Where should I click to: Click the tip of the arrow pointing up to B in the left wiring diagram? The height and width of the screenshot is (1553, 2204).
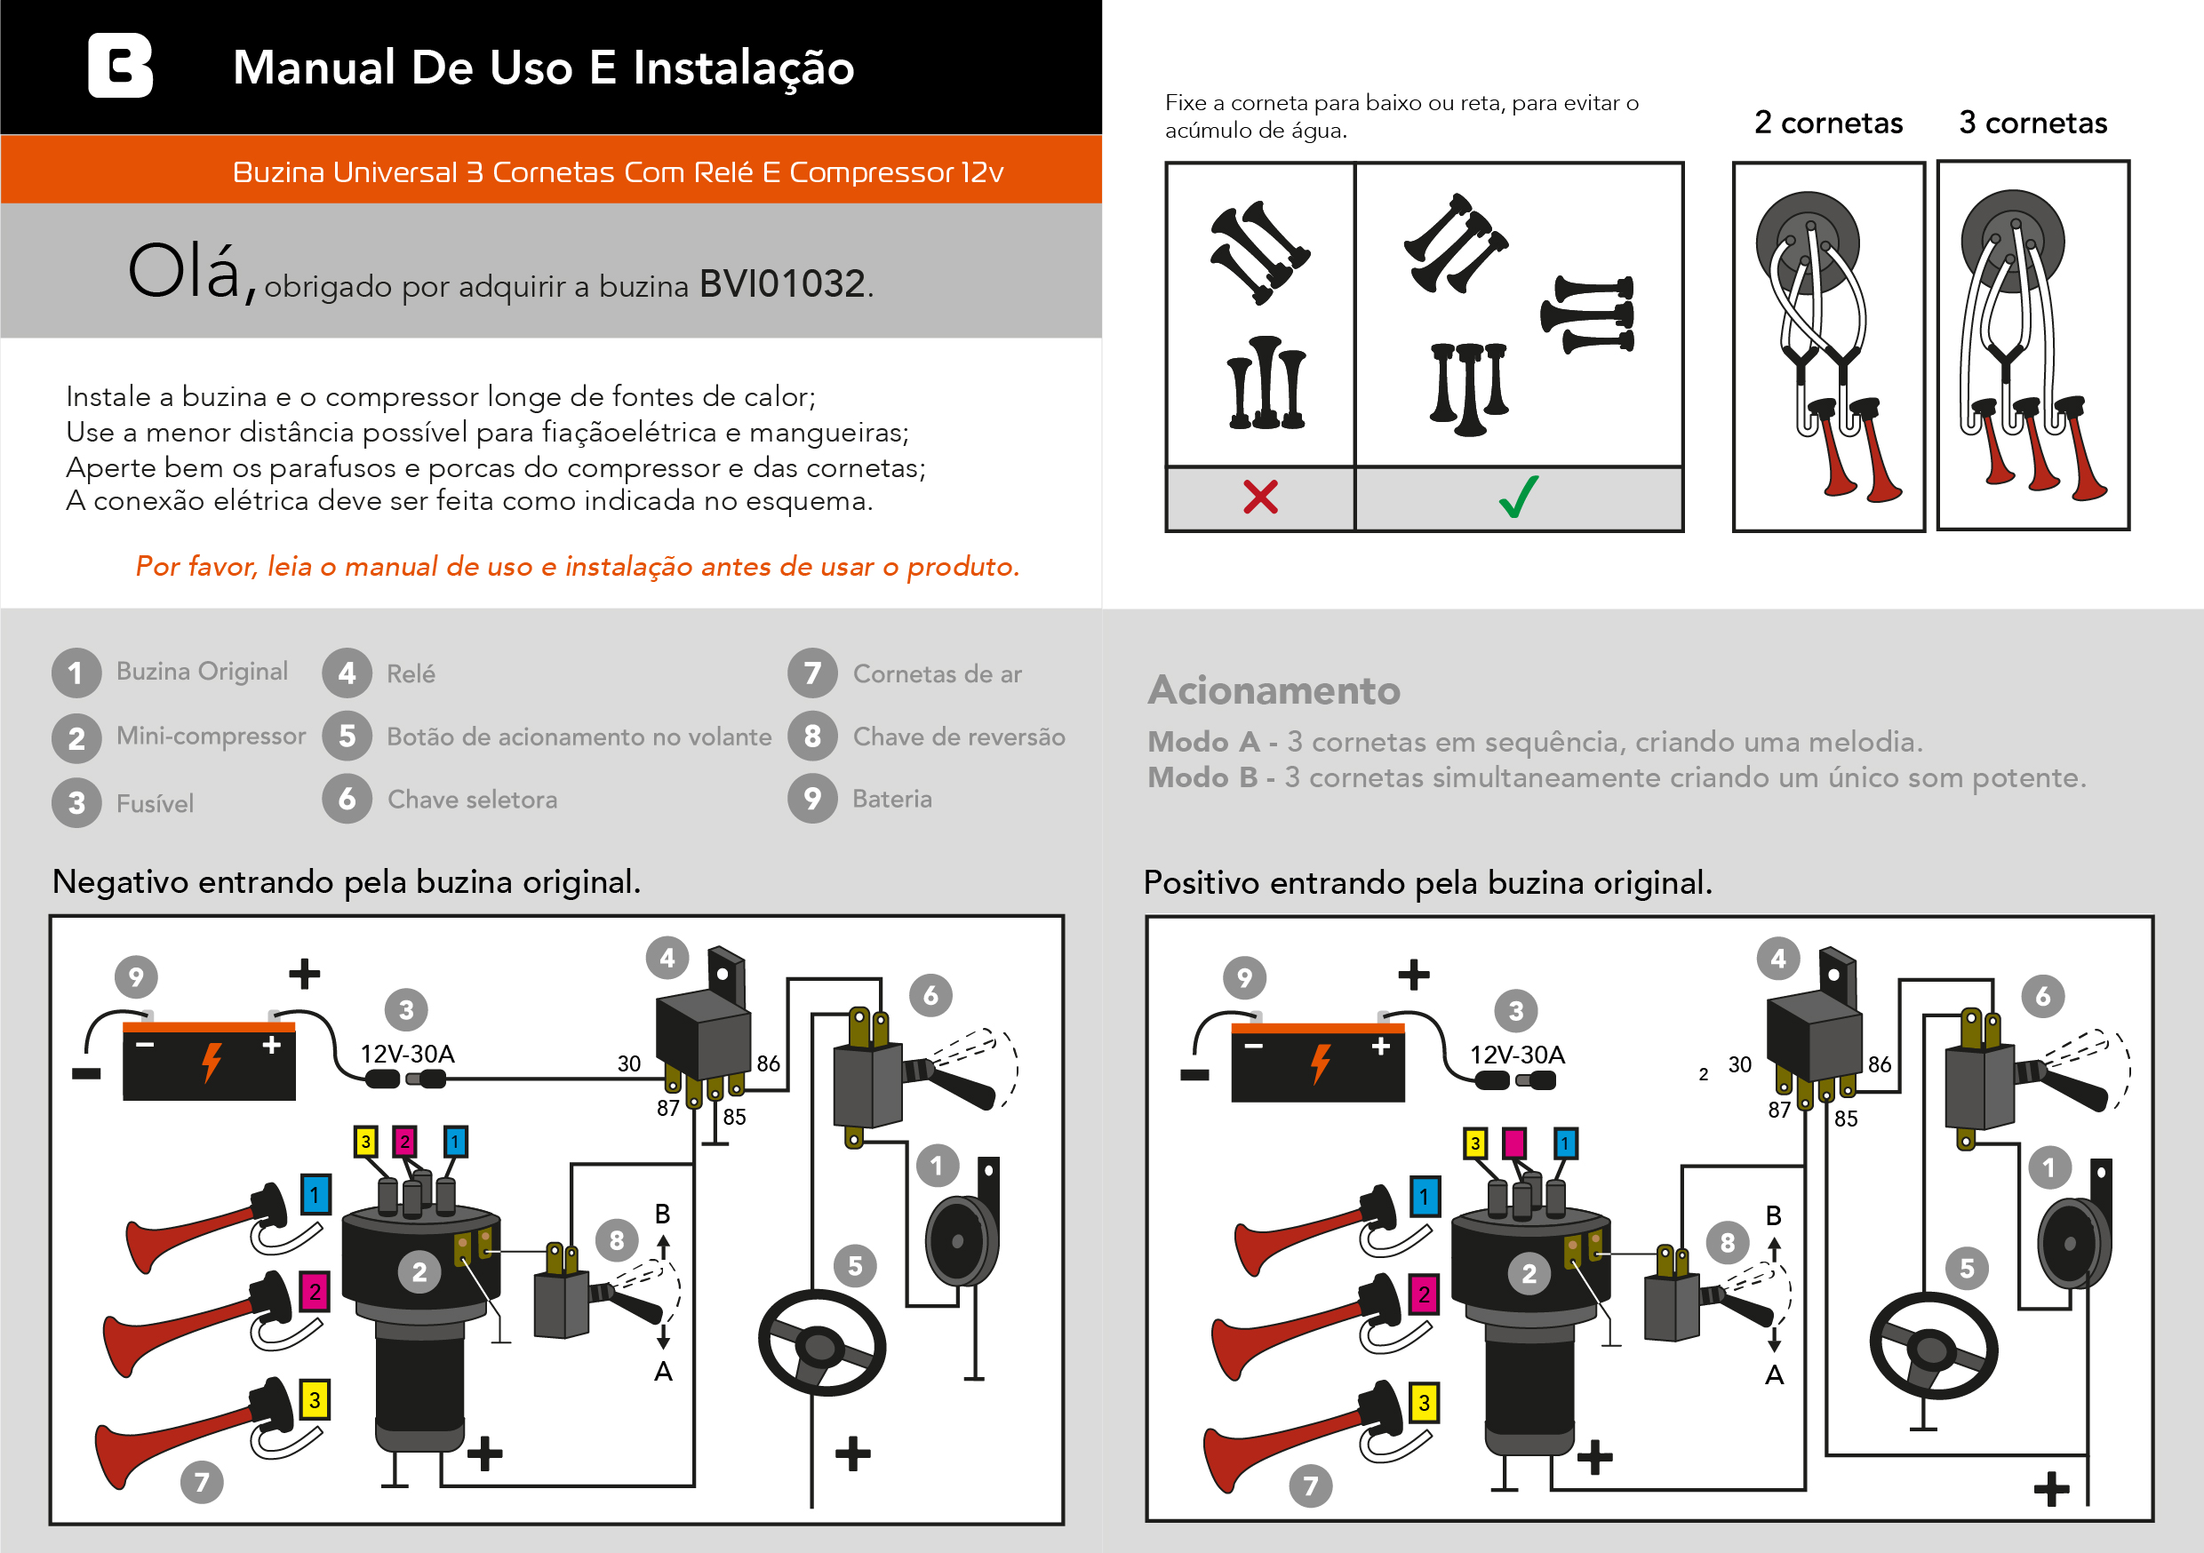[663, 1235]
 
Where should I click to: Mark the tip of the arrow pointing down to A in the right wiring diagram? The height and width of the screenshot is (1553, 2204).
[1774, 1352]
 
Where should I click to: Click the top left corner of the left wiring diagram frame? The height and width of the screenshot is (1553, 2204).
[50, 916]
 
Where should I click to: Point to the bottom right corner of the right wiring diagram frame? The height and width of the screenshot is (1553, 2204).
[2153, 1521]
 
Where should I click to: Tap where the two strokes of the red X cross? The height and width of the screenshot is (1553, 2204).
[1260, 498]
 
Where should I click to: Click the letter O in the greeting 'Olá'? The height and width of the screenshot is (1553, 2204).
[156, 271]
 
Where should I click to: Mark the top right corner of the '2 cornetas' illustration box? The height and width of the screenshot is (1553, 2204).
[1925, 163]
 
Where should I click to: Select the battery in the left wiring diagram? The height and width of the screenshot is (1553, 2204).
[208, 1061]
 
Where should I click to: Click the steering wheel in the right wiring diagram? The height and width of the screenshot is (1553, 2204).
[1933, 1347]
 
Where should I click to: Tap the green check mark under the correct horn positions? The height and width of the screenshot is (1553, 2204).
[1519, 497]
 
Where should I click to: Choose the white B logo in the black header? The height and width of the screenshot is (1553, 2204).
[120, 65]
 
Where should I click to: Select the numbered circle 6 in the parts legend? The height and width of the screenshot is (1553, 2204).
[347, 799]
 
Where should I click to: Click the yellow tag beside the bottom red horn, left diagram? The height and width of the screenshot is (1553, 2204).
[315, 1400]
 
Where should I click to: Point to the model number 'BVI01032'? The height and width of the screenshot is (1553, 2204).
[782, 284]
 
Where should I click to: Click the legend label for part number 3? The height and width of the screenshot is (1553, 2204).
[156, 803]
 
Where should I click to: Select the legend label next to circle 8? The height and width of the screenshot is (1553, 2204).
[959, 737]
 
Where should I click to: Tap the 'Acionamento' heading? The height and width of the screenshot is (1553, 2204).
[1274, 690]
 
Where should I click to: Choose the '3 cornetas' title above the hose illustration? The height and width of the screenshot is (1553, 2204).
[2033, 123]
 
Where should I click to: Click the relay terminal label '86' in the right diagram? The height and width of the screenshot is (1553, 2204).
[1880, 1064]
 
